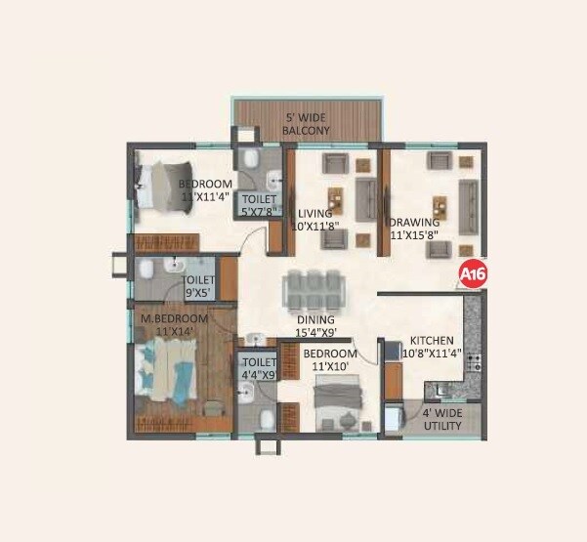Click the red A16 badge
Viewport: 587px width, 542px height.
[474, 273]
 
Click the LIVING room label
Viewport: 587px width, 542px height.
[315, 213]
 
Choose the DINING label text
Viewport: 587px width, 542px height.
[316, 319]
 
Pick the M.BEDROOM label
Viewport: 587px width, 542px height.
[175, 319]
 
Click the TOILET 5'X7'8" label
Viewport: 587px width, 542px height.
[260, 203]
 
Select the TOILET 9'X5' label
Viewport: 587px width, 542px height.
[198, 285]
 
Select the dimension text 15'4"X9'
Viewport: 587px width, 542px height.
[316, 333]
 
